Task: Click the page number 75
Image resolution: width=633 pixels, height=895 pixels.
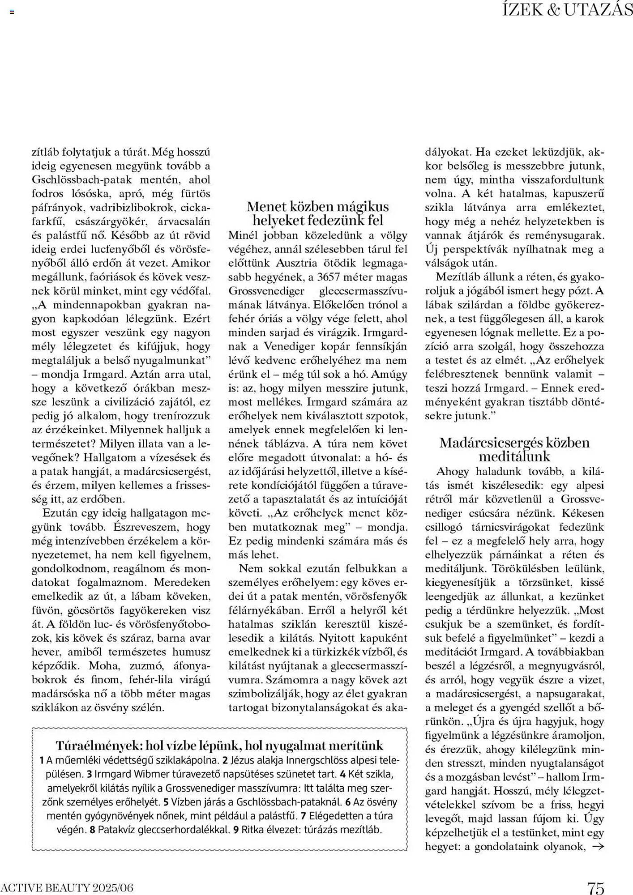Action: click(x=596, y=886)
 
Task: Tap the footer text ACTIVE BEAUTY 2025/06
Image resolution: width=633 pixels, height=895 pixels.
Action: click(x=67, y=887)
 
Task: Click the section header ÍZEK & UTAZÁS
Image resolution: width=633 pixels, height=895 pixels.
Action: click(x=567, y=10)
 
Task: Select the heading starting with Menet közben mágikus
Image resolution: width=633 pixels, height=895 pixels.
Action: click(x=318, y=213)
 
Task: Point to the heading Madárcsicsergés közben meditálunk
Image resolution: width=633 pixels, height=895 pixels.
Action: click(x=514, y=449)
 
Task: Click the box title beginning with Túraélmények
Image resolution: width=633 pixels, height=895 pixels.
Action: click(x=219, y=745)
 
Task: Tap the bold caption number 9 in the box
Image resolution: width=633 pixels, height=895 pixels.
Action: click(x=235, y=829)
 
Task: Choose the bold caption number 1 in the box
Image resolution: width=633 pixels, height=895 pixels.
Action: click(x=42, y=760)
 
